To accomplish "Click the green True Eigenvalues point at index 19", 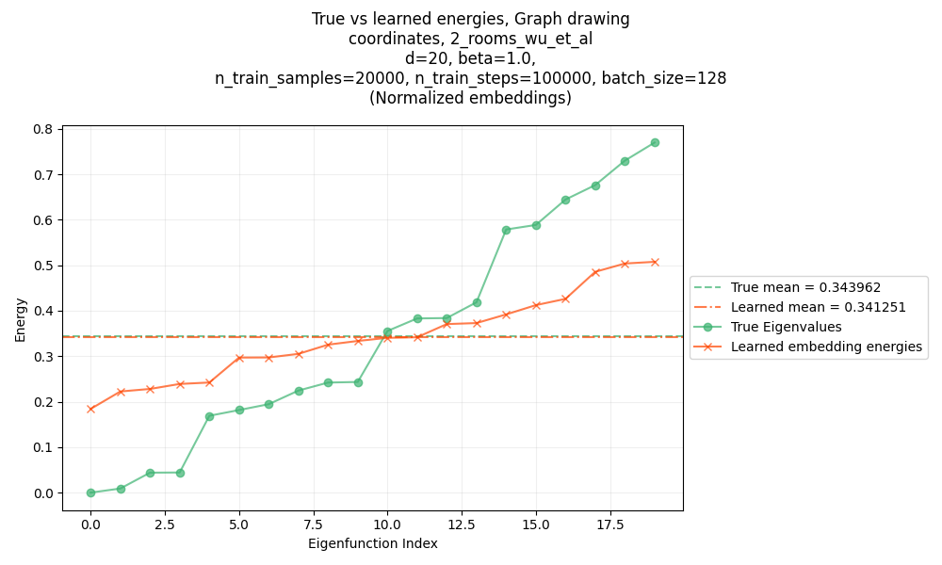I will coord(655,142).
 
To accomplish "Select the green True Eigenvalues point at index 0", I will coord(90,492).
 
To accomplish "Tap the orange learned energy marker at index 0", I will coord(90,409).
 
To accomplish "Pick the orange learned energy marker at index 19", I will coord(655,262).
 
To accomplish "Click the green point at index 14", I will coord(506,230).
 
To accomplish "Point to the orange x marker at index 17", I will coord(595,272).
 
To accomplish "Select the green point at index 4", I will coord(209,416).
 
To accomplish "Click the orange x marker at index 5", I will coord(239,358).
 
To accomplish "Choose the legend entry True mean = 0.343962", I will coord(805,287).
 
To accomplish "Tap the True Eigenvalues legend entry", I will coord(786,327).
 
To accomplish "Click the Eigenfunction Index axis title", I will coord(372,543).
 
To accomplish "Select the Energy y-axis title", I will coord(21,318).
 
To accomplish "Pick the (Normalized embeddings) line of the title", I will coord(470,98).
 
